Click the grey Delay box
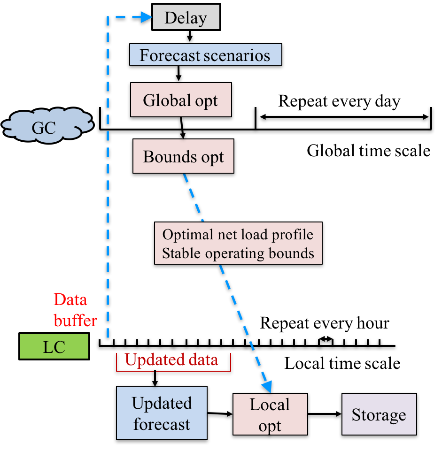(186, 18)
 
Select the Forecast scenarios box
(205, 55)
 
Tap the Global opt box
(181, 100)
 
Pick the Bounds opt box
(183, 156)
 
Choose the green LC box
(54, 347)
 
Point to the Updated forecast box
(162, 413)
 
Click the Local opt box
(270, 414)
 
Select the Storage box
(379, 414)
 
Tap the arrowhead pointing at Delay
(147, 18)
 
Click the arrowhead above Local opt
(266, 386)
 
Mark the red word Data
(70, 299)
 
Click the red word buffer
(75, 321)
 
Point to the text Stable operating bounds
(238, 253)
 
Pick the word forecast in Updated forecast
(162, 424)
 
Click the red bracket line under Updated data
(174, 371)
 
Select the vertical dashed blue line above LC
(108, 188)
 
